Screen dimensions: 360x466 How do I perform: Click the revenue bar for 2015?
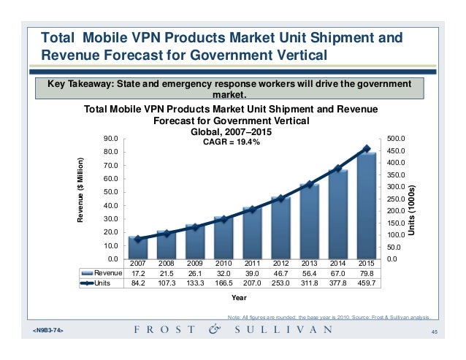pyautogui.click(x=367, y=205)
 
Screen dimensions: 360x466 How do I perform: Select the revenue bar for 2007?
pyautogui.click(x=137, y=247)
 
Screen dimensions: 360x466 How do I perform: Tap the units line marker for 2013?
pyautogui.click(x=310, y=185)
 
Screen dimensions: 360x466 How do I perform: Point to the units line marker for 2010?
pyautogui.click(x=224, y=219)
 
